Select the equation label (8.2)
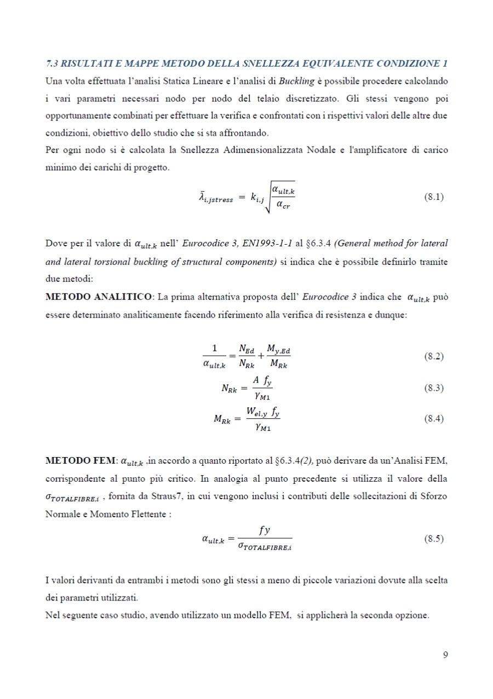click(434, 356)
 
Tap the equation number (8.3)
click(434, 388)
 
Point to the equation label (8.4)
click(434, 419)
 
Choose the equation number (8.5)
click(434, 539)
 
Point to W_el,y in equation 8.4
click(260, 412)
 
